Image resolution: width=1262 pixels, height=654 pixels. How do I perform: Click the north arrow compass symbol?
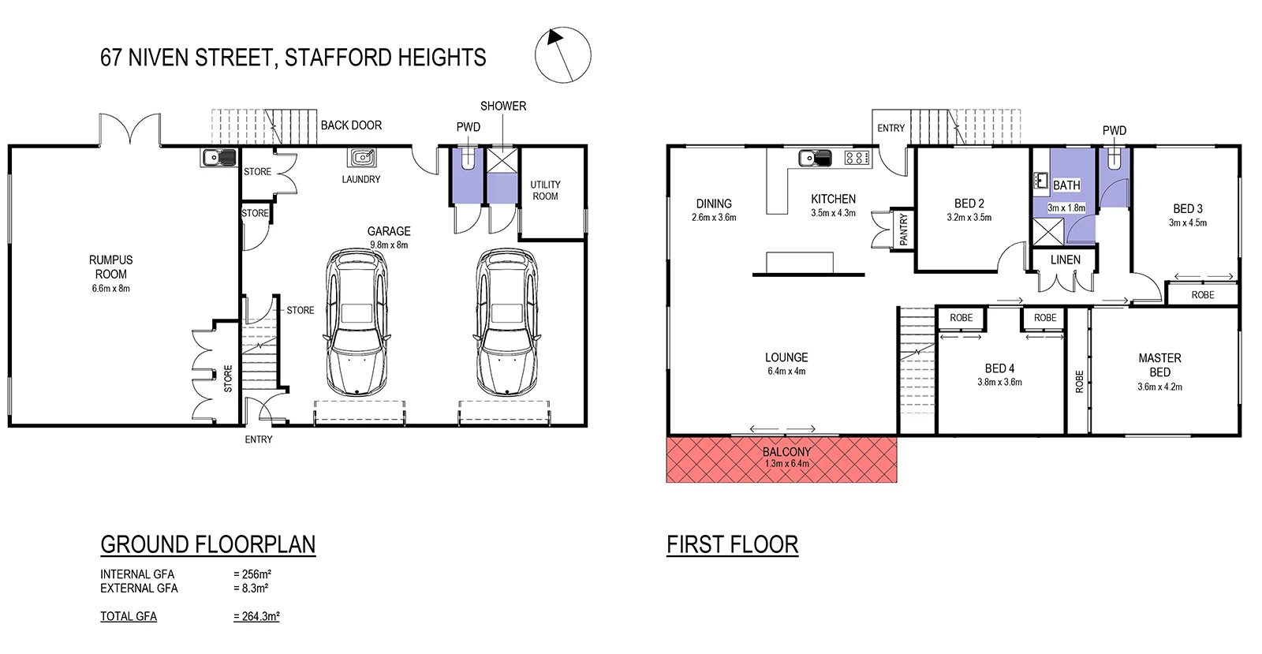tap(562, 54)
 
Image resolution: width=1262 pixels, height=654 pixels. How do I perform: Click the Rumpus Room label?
tap(110, 267)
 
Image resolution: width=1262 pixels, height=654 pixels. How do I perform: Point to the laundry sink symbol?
tap(363, 157)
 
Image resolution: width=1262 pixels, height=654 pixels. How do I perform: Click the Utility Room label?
tap(545, 190)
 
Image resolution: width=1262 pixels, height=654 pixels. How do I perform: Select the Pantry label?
tap(904, 229)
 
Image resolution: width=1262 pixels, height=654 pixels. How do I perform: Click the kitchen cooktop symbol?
tap(857, 158)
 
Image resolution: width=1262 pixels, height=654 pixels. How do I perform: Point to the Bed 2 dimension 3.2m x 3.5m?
tap(969, 218)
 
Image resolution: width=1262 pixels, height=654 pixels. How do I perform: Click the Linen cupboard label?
tap(1065, 260)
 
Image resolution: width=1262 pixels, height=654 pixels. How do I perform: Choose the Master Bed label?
tap(1159, 364)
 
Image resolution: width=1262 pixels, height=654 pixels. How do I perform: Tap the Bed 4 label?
tap(999, 368)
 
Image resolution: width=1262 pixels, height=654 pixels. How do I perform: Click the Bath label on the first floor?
tap(1066, 185)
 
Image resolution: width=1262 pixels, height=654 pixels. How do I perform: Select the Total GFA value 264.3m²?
tap(256, 616)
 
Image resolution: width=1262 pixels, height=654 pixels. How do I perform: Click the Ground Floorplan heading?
tap(208, 544)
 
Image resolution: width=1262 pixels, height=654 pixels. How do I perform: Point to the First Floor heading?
tap(732, 544)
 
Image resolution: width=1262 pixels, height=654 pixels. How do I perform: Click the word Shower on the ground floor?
tap(503, 106)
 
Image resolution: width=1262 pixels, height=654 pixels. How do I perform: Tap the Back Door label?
tap(351, 125)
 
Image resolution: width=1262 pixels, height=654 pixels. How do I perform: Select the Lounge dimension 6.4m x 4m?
tap(786, 372)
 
